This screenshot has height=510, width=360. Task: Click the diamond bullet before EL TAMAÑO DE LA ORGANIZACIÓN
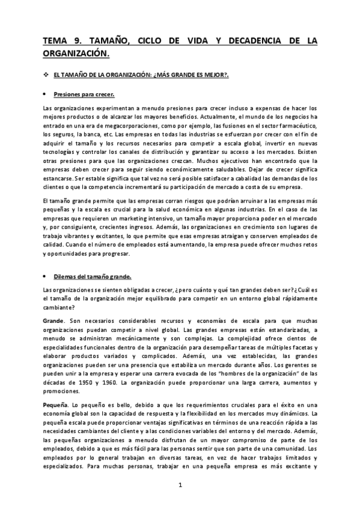tap(46, 75)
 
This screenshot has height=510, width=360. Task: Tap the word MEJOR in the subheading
tap(212, 75)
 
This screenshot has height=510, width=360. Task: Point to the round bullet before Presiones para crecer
tap(46, 94)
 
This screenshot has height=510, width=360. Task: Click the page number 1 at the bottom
tap(180, 487)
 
